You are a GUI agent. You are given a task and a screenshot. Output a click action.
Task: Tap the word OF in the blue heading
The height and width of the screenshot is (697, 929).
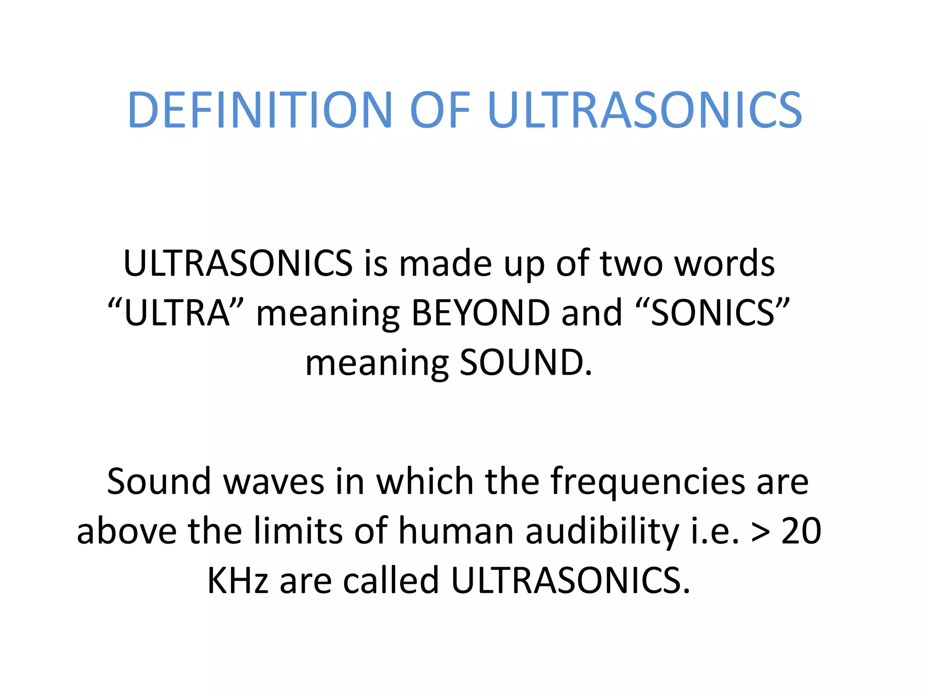(440, 110)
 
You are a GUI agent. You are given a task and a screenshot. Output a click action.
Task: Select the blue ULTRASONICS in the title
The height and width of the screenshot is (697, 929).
(645, 110)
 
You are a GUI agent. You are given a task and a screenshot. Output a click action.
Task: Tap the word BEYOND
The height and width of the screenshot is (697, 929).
(481, 313)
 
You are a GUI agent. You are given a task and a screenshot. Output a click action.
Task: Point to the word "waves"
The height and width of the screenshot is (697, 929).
(274, 481)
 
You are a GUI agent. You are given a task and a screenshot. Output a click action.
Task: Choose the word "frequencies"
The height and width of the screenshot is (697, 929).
(648, 481)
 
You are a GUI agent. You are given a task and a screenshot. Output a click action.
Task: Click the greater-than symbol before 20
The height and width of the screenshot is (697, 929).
(761, 532)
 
